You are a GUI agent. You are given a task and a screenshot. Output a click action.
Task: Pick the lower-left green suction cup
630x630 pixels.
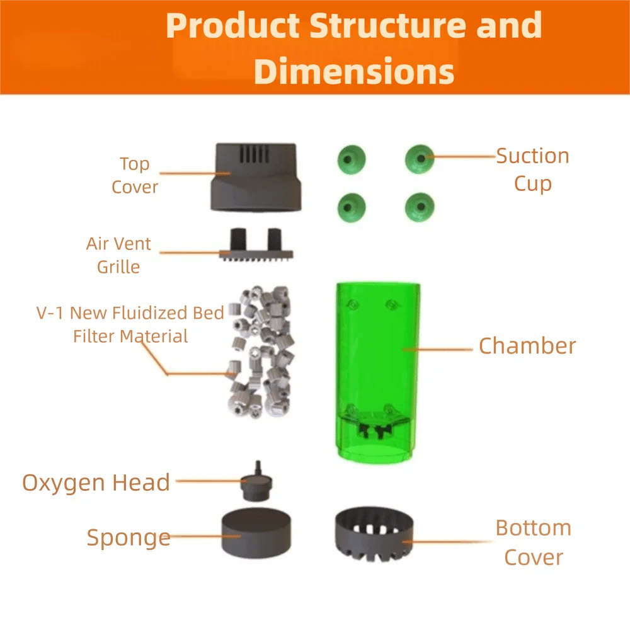pyautogui.click(x=352, y=206)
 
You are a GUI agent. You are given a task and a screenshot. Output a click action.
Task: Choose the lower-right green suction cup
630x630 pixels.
pyautogui.click(x=420, y=206)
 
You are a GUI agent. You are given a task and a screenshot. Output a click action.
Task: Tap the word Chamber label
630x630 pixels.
pyautogui.click(x=527, y=346)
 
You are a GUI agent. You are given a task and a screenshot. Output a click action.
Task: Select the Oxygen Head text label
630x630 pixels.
pyautogui.click(x=96, y=483)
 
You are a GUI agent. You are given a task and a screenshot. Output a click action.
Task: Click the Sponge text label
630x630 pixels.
pyautogui.click(x=128, y=537)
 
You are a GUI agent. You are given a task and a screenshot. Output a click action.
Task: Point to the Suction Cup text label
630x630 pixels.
pyautogui.click(x=532, y=169)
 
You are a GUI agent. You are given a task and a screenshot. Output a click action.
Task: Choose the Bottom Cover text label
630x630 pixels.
pyautogui.click(x=533, y=542)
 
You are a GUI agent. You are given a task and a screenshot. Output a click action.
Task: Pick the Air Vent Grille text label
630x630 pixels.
pyautogui.click(x=118, y=255)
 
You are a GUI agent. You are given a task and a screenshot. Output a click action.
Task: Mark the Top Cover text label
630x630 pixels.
pyautogui.click(x=134, y=175)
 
